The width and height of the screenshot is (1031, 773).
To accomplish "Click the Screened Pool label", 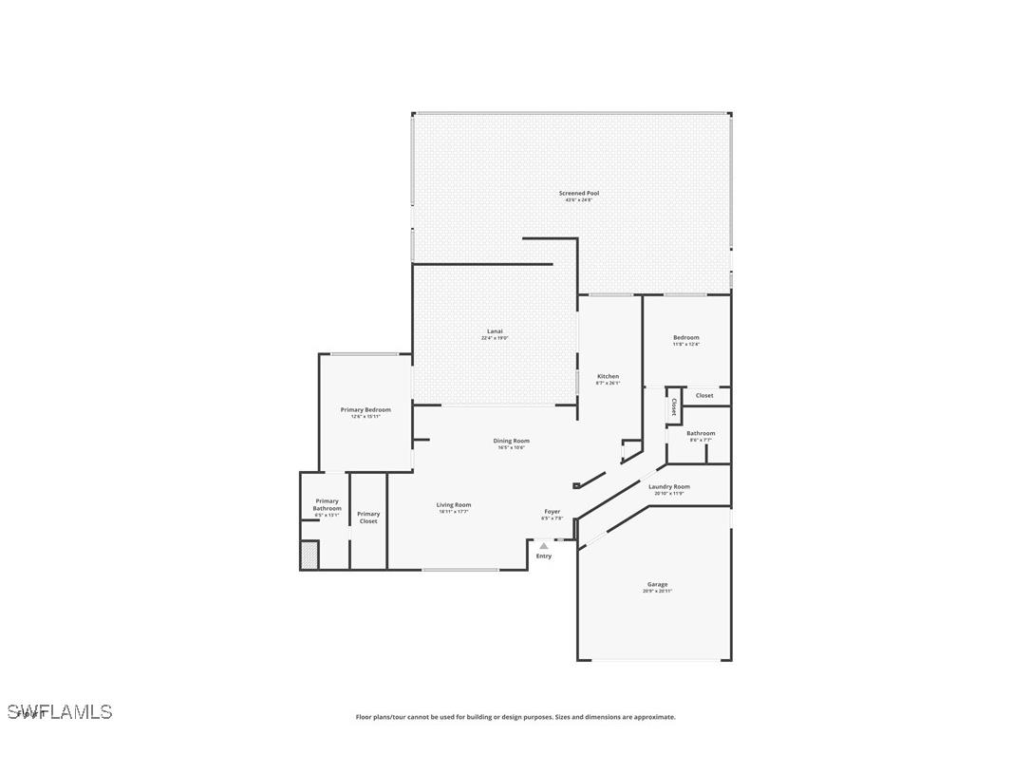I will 578,194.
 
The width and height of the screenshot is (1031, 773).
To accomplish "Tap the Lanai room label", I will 495,331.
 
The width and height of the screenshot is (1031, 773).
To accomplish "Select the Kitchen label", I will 608,377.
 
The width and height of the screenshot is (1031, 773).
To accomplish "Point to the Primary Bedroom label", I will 366,410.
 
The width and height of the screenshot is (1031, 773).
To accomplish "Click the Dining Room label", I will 511,441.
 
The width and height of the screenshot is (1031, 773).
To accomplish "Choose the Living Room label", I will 454,505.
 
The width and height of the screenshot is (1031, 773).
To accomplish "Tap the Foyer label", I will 552,512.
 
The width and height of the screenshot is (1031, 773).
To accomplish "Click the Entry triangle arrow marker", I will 543,546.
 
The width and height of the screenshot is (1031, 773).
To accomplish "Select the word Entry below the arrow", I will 543,556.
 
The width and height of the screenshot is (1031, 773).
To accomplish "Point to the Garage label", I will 657,585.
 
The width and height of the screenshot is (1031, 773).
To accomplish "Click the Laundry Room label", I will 669,487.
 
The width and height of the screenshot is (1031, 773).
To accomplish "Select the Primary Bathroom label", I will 327,505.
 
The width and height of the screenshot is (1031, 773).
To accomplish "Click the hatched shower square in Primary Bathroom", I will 309,555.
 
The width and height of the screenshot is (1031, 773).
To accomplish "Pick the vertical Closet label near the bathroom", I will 674,406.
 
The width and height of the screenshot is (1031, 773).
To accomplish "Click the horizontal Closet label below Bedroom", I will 704,396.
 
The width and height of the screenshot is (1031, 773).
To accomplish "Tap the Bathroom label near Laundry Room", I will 701,434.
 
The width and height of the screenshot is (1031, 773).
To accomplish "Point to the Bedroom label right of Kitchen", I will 685,338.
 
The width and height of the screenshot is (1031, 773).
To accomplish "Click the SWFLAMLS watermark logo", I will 60,711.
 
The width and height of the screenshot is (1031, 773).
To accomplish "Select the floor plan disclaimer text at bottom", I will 515,717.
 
